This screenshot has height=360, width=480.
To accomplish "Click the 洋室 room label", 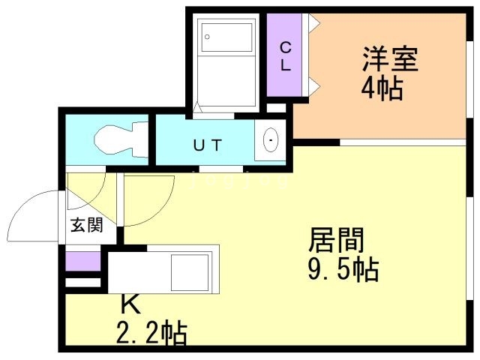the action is pos(390,58).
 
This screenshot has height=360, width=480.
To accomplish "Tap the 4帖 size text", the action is pos(382,88).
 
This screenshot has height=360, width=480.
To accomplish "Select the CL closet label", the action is pos(285,56).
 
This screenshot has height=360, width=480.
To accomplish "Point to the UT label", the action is pos(208,145).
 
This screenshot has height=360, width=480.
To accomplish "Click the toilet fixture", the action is pos(121,139).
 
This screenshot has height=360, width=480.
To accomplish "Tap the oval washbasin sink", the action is pos(270,140).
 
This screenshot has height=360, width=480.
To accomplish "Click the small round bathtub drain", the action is pos(207,37).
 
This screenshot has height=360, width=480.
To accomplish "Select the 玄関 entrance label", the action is pos(87,225).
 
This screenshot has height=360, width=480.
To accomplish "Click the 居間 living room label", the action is pos(337,240).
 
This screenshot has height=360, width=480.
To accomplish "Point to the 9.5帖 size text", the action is pos(343,270).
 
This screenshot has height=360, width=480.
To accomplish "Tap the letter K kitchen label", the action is pos(130,304).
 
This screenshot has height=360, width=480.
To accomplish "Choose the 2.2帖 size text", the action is pos(151,333).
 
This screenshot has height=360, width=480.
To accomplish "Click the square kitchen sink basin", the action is pos(190,272).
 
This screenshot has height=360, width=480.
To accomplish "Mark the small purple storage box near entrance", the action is pos(83,261).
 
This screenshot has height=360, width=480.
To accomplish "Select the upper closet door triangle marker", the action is pos(314,22).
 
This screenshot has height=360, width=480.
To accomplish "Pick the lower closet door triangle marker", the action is pos(314,86).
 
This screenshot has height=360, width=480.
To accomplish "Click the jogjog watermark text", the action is pos(239,181).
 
